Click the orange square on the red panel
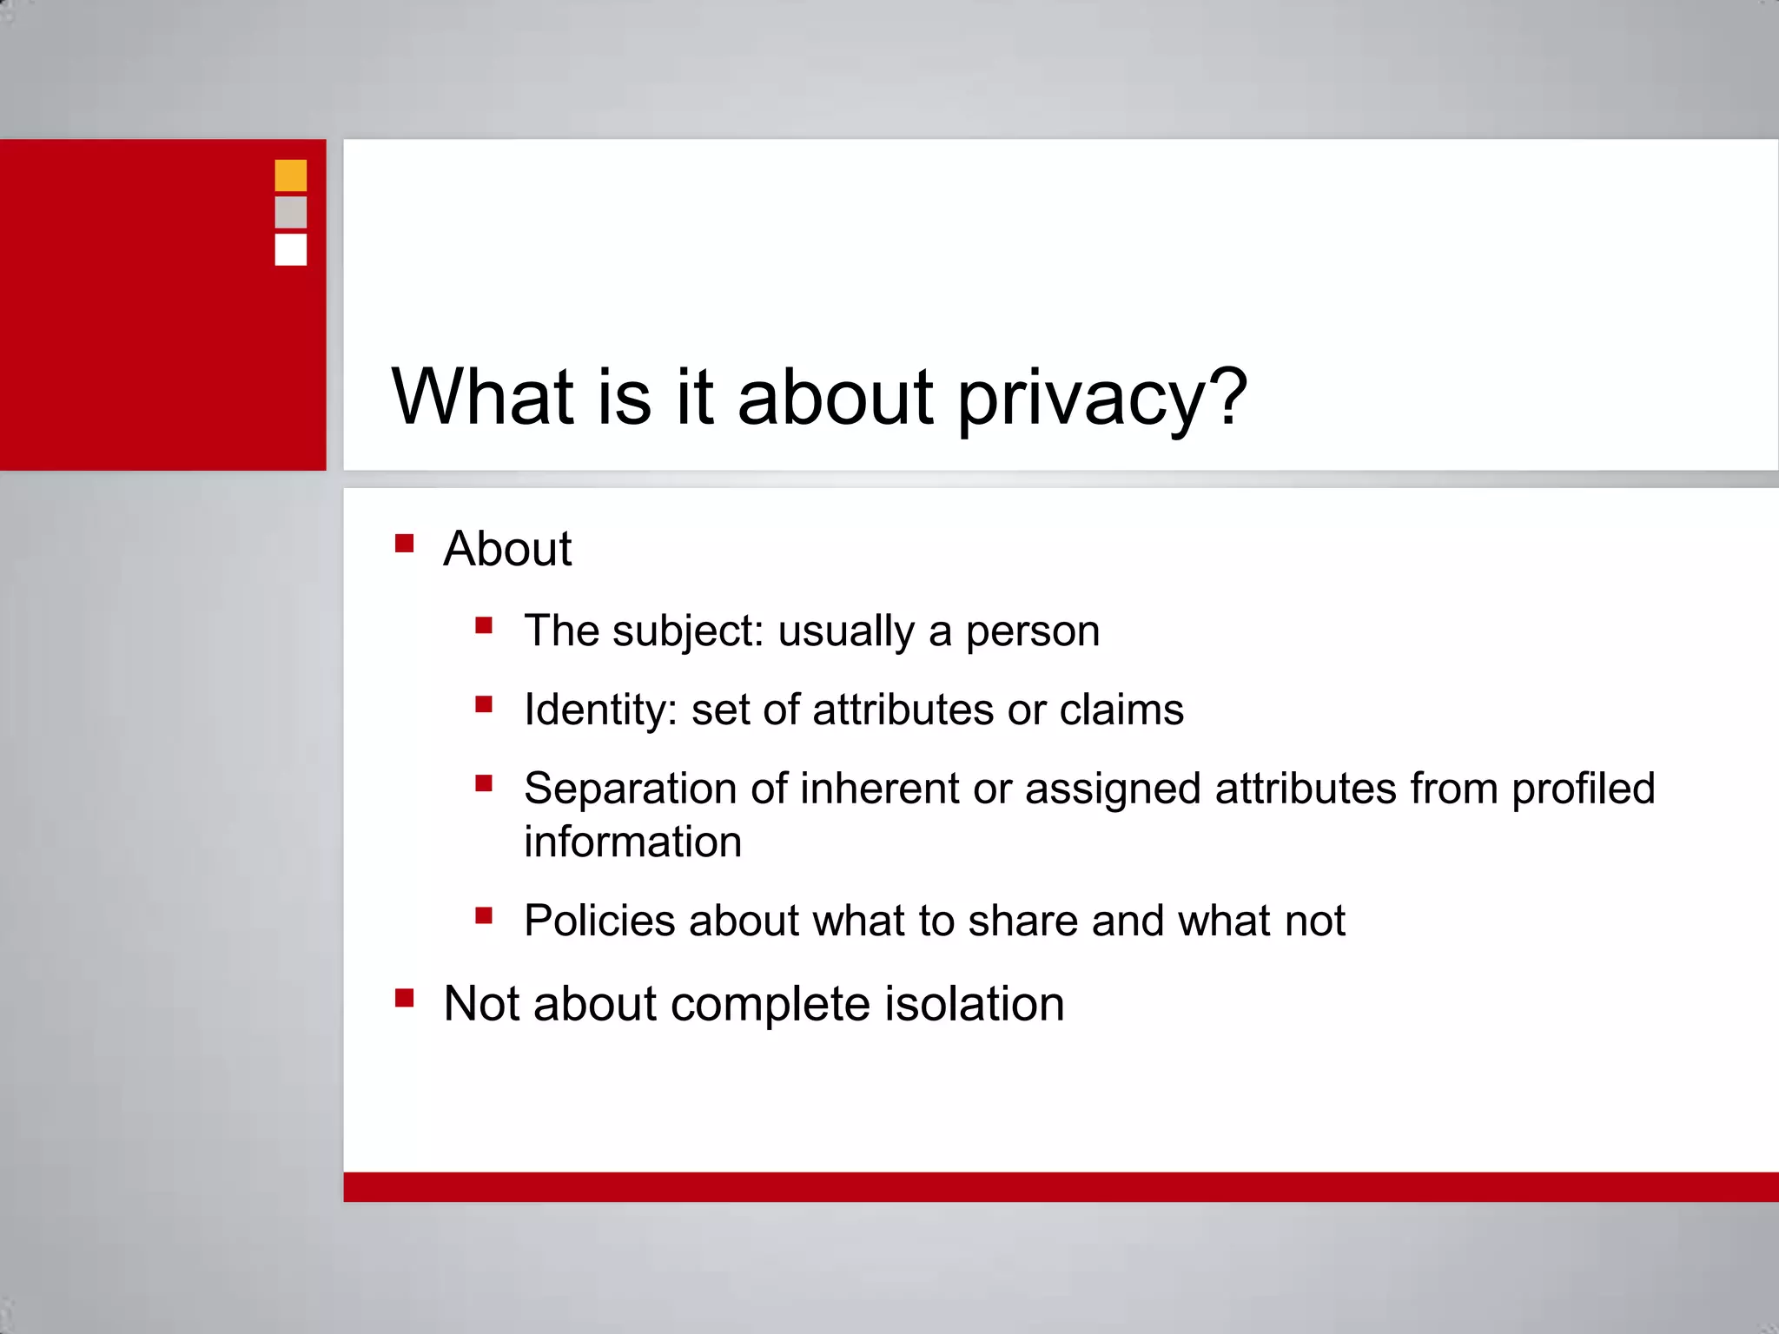pos(291,175)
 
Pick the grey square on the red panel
pos(291,212)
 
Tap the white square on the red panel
pos(291,249)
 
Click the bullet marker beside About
pos(404,544)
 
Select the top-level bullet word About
pos(507,549)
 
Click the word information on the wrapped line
pos(632,842)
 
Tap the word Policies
pos(599,921)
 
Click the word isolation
pos(974,1004)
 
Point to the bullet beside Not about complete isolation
pos(404,998)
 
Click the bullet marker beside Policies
pos(484,915)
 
